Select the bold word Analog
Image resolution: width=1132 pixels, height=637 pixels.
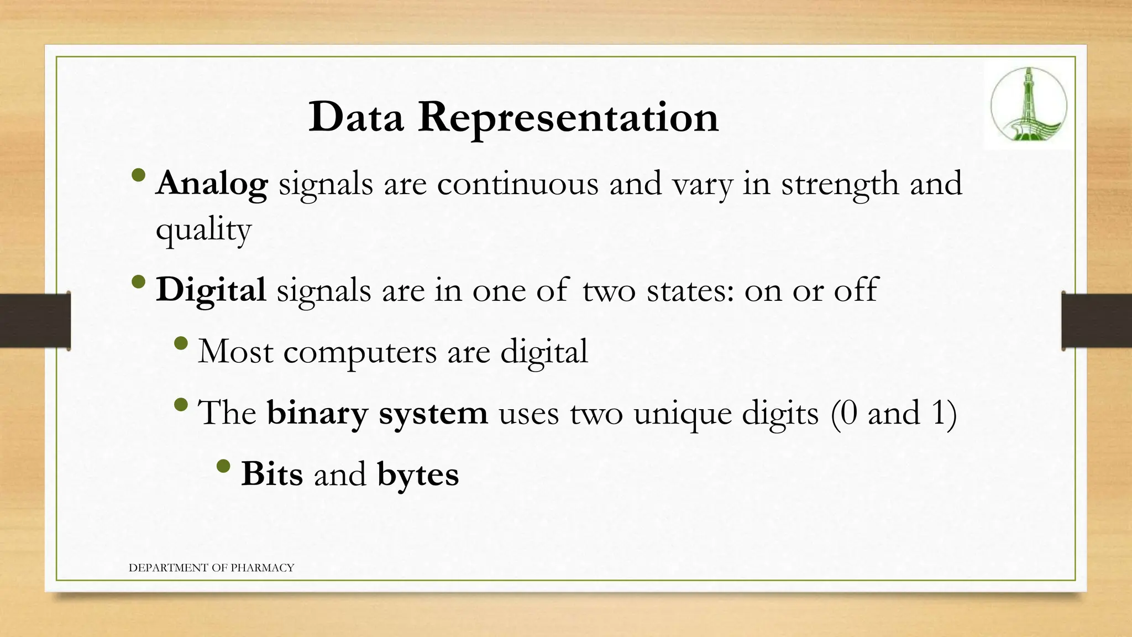coord(212,184)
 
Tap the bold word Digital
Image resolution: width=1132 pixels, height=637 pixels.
coord(211,290)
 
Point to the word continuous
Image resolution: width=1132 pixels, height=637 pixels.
coord(517,184)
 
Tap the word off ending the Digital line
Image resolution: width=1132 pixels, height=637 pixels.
coord(856,289)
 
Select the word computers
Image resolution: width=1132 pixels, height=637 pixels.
coord(360,352)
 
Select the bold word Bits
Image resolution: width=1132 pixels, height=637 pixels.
coord(272,474)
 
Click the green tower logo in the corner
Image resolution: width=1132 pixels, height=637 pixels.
coord(1028,105)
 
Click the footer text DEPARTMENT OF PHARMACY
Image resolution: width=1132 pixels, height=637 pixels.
coord(211,568)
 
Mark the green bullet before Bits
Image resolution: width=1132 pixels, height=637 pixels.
coord(223,466)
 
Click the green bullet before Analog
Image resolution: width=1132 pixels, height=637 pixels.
coord(139,176)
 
